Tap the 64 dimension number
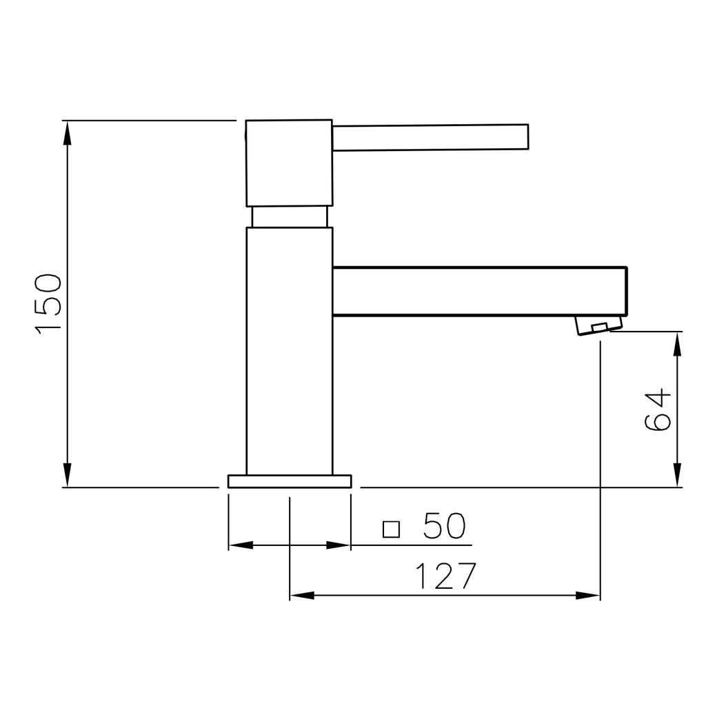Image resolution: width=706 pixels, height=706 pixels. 658,410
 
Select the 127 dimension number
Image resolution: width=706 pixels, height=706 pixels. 445,576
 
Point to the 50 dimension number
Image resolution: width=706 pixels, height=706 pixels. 444,525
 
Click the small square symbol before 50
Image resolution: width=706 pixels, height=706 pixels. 391,529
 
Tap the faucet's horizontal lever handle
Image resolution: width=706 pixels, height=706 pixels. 430,137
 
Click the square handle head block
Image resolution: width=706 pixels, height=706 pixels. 289,163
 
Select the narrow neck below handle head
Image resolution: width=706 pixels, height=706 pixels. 290,217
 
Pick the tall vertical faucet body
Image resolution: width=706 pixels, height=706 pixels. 290,351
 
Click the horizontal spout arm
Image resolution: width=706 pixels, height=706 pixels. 480,292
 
